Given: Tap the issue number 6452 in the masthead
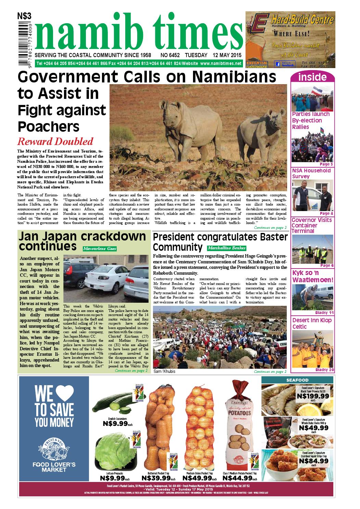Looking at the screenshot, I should (174, 55).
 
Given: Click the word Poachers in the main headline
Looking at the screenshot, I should (48, 127).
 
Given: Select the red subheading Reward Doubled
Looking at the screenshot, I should (55, 141).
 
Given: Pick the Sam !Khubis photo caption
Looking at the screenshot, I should (165, 371).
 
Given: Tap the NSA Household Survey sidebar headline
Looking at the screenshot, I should (311, 173).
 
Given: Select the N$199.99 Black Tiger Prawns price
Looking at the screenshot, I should (313, 396).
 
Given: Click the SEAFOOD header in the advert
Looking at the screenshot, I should (297, 380).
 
